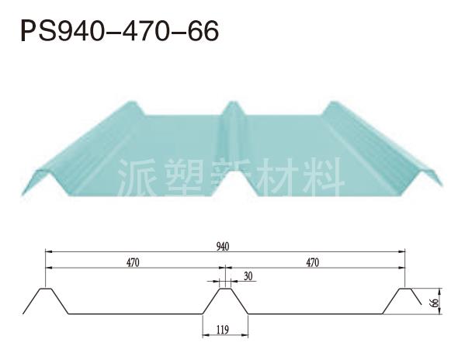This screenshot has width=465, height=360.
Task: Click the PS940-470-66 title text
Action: pyautogui.click(x=120, y=30)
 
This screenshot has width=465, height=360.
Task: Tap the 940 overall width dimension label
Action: pyautogui.click(x=223, y=247)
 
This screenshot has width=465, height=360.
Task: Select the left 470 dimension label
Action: pyautogui.click(x=133, y=262)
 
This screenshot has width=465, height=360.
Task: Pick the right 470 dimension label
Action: pyautogui.click(x=313, y=262)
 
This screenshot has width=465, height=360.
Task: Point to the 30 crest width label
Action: pyautogui.click(x=248, y=276)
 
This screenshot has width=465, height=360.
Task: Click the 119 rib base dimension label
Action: pyautogui.click(x=223, y=330)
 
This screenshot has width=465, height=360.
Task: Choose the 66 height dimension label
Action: pyautogui.click(x=435, y=303)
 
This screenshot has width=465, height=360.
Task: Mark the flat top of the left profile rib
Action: pyautogui.click(x=46, y=289)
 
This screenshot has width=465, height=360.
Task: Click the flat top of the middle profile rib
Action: pyautogui.click(x=225, y=289)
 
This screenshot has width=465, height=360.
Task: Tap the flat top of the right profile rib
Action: pyautogui.click(x=405, y=289)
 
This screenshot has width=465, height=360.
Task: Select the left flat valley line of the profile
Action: pyautogui.click(x=136, y=313)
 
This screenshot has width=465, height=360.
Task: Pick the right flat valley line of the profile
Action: pyautogui.click(x=315, y=313)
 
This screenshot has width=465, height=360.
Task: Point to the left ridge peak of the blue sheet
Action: pyautogui.click(x=132, y=103)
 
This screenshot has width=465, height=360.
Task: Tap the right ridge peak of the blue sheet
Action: pyautogui.click(x=334, y=103)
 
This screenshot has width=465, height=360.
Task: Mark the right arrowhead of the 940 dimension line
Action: pyautogui.click(x=402, y=251)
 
